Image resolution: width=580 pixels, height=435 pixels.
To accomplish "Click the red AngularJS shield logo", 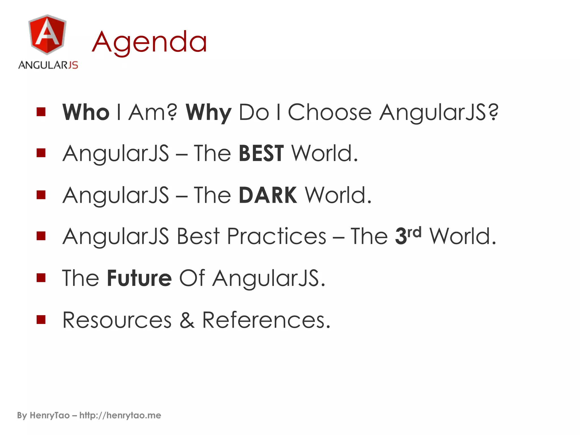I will click(47, 35).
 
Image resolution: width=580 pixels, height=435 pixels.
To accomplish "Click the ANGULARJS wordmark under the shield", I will click(48, 65).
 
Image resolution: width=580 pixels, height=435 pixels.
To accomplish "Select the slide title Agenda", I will click(150, 42).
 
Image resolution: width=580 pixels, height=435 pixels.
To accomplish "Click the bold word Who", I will click(86, 112).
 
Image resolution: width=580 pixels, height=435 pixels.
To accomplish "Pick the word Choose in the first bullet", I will click(329, 112).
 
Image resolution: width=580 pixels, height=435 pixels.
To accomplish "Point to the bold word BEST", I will click(261, 153).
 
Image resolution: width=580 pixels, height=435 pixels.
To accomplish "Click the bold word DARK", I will click(268, 195).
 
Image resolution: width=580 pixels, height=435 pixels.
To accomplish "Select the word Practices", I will click(277, 236).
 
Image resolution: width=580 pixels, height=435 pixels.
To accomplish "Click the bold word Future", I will click(139, 278).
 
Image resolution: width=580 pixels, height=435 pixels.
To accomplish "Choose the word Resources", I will click(117, 320).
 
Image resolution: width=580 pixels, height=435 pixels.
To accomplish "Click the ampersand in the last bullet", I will click(187, 320).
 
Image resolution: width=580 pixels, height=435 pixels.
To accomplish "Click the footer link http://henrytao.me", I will click(120, 415).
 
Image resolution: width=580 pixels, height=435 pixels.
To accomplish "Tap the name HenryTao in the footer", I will click(50, 415).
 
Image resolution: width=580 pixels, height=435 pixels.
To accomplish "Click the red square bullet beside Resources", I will click(41, 319).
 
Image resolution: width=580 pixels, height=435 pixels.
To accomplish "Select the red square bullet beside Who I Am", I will click(41, 112).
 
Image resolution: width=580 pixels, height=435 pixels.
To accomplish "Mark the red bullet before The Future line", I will click(41, 278).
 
